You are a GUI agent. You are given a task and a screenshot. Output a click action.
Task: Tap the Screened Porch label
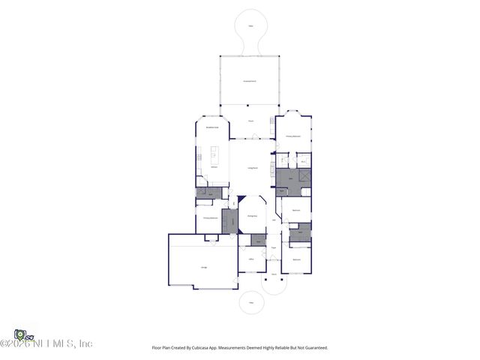click(x=250, y=80)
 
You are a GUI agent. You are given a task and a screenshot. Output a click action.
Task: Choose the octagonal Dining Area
click(x=253, y=215)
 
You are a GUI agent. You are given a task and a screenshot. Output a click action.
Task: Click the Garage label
click(x=203, y=267)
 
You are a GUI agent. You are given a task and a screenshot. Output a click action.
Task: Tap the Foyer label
click(x=274, y=247)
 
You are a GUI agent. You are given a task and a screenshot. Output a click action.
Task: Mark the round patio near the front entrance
click(x=251, y=303)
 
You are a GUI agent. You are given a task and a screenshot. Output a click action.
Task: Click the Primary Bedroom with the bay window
click(x=293, y=136)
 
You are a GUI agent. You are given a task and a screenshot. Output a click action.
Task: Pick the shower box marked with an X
click(x=305, y=175)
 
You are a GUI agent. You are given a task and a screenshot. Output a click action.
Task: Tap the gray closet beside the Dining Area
click(x=229, y=221)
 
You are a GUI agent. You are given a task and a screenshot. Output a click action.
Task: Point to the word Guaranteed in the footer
click(x=315, y=347)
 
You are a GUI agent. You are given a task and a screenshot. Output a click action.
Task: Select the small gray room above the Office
click(x=258, y=240)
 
